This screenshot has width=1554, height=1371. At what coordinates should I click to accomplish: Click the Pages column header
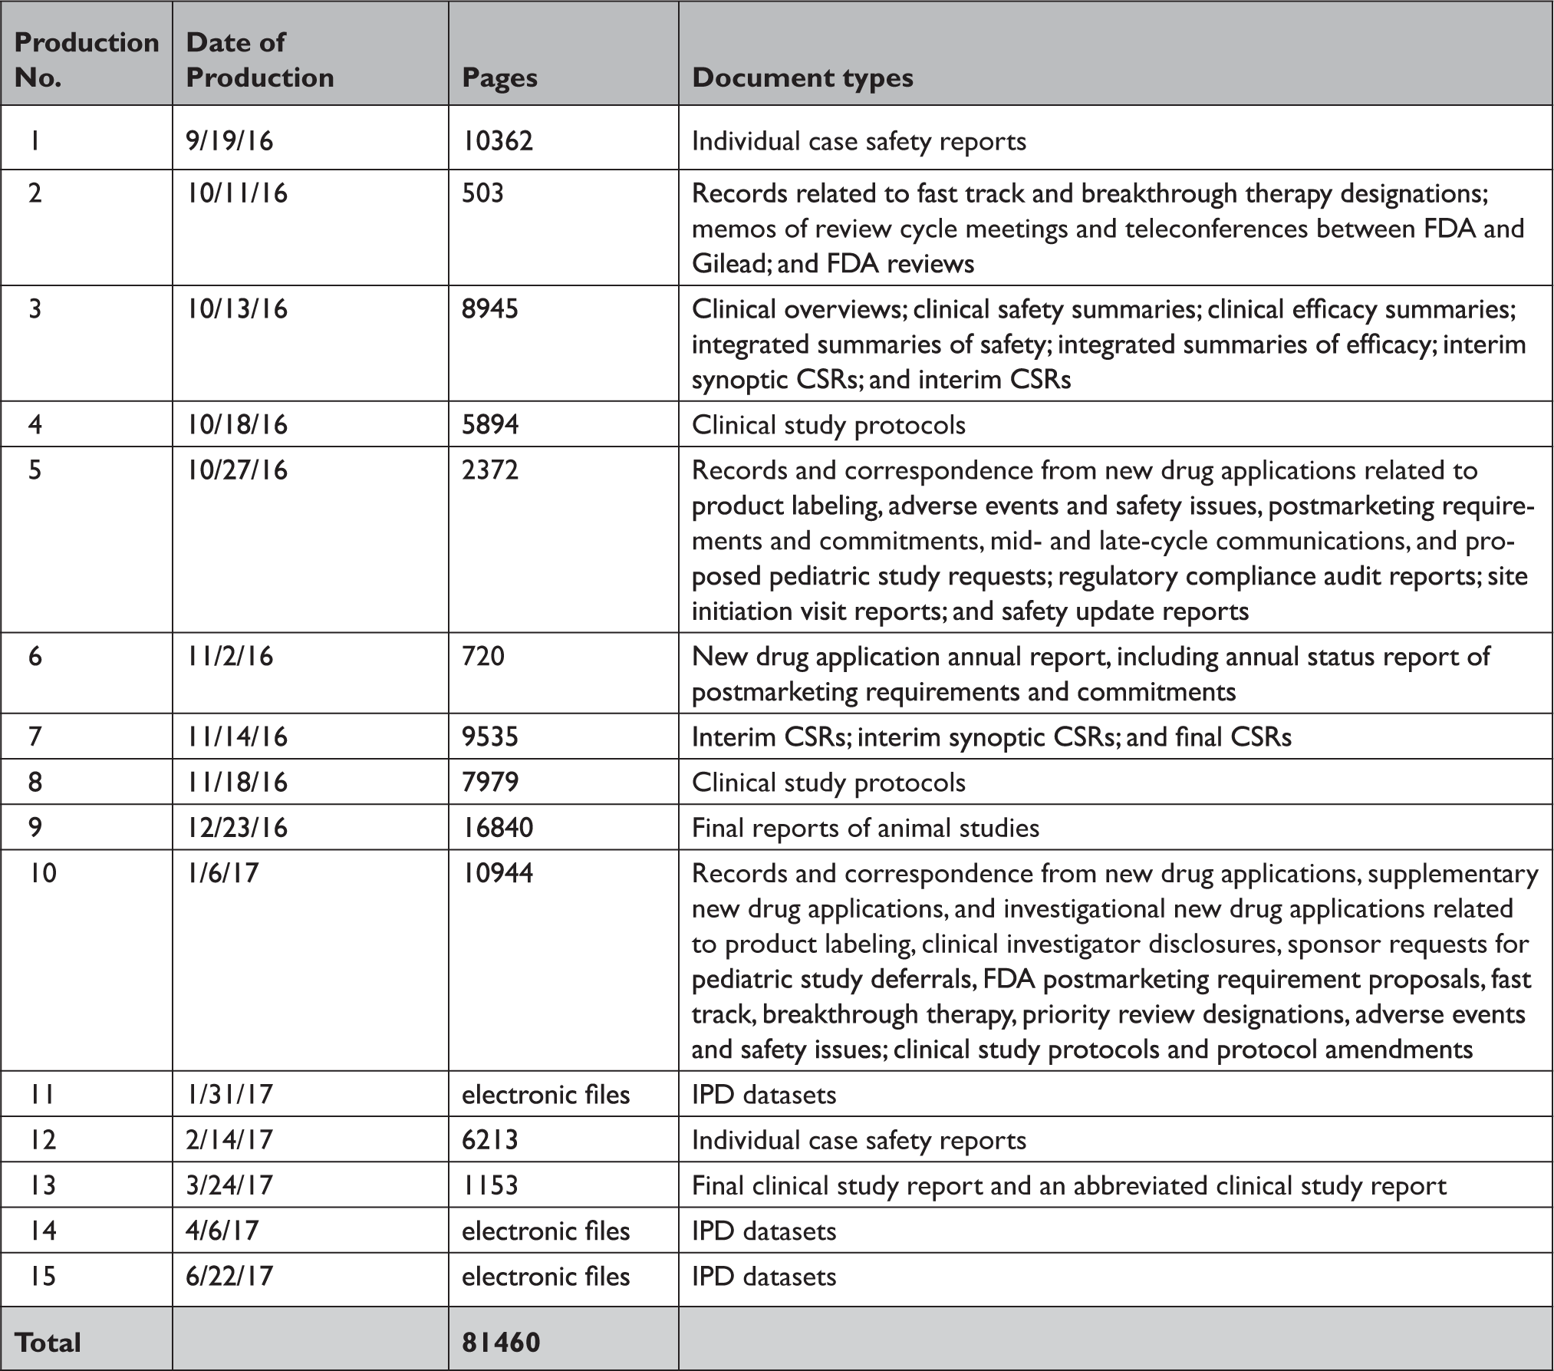tap(499, 78)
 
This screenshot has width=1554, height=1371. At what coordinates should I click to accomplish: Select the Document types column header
tap(802, 78)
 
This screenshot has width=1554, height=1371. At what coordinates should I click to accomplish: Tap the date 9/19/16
tap(229, 141)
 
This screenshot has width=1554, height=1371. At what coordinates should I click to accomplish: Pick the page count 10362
tap(497, 141)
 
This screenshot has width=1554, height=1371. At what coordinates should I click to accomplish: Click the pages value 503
tap(482, 193)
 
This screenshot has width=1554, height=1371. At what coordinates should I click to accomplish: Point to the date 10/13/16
tap(236, 308)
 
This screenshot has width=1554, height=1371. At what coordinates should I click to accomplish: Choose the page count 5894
tap(490, 424)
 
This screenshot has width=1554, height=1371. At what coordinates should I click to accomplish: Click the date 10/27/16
tap(236, 470)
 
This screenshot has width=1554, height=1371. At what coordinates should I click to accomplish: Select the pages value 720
tap(483, 656)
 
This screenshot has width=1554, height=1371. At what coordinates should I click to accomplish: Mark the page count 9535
tap(490, 737)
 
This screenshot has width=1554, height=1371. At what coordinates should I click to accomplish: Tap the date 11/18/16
tap(236, 782)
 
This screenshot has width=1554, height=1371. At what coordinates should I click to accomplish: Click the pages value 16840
tap(497, 827)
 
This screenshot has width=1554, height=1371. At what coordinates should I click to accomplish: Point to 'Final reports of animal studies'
tap(865, 827)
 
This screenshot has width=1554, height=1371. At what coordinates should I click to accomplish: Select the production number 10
tap(43, 872)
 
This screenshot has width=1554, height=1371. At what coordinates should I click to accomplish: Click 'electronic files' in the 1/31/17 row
tap(545, 1093)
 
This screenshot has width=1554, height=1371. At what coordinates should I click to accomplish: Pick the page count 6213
tap(490, 1139)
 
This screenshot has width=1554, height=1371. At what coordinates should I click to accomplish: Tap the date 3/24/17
tap(229, 1185)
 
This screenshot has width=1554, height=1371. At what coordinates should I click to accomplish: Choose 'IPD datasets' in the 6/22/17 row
tap(764, 1276)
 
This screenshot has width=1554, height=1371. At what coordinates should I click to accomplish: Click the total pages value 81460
tap(501, 1342)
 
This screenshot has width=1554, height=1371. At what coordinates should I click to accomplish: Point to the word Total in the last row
tap(48, 1342)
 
